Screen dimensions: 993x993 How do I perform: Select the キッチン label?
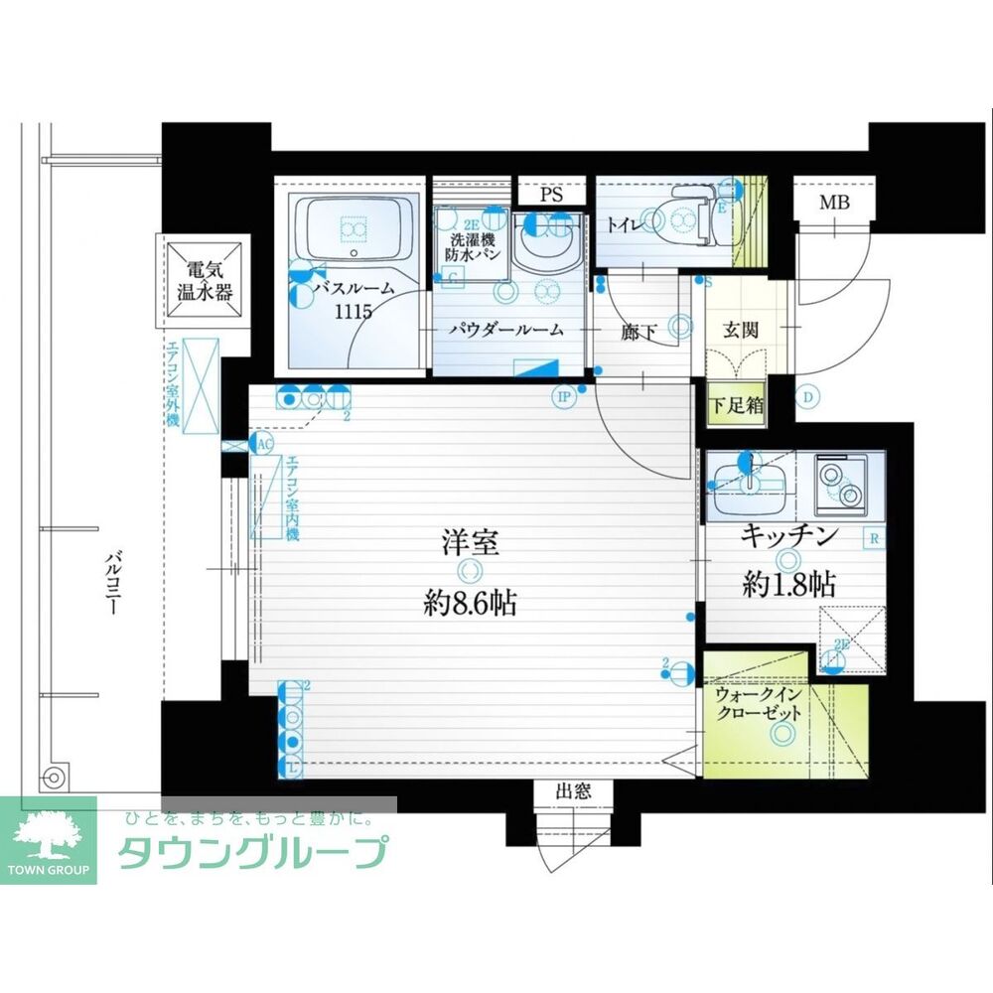pyautogui.click(x=790, y=537)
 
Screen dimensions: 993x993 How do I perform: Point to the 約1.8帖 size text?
pyautogui.click(x=788, y=585)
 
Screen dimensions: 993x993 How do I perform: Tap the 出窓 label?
pyautogui.click(x=573, y=791)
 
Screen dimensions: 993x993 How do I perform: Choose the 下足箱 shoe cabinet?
pyautogui.click(x=737, y=406)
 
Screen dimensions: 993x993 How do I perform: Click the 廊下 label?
pyautogui.click(x=638, y=333)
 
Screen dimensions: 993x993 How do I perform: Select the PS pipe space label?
pyautogui.click(x=552, y=196)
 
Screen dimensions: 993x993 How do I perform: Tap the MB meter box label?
pyautogui.click(x=834, y=204)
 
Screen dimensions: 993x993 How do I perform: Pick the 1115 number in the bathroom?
pyautogui.click(x=354, y=313)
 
